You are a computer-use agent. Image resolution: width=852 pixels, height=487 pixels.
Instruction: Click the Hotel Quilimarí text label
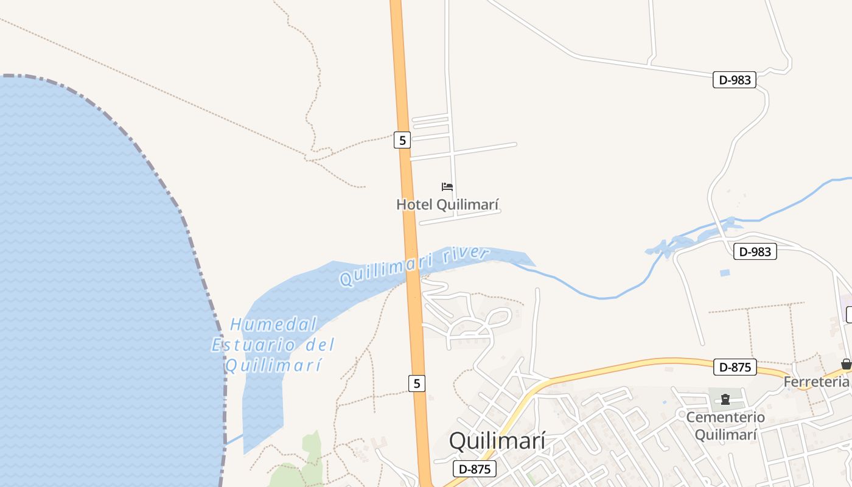(x=447, y=205)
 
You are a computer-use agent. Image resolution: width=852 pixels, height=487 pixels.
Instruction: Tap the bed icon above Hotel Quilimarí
(x=447, y=187)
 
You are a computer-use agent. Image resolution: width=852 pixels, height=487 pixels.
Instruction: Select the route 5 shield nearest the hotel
(x=402, y=140)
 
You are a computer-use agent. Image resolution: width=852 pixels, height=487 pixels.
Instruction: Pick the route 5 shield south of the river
(x=416, y=384)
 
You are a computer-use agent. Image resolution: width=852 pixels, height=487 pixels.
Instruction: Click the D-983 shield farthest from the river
(x=734, y=80)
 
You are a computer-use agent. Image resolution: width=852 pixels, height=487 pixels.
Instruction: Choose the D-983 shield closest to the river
(x=755, y=251)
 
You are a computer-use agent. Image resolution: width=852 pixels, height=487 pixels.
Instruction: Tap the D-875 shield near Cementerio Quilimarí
(x=735, y=367)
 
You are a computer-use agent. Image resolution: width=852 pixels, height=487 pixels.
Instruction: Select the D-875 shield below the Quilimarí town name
(x=475, y=469)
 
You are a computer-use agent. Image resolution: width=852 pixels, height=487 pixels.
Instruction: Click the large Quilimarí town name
(x=497, y=441)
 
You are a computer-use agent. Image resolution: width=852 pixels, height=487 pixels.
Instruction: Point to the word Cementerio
(x=725, y=418)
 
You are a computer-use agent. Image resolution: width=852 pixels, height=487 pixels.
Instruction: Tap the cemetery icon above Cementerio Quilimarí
(x=725, y=399)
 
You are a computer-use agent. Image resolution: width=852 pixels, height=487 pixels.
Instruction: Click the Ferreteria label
(x=816, y=382)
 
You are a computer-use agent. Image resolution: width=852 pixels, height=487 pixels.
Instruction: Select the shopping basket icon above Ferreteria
(x=846, y=364)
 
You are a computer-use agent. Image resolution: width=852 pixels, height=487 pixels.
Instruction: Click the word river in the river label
(x=466, y=254)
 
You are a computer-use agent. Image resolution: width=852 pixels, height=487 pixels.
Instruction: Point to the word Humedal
(x=274, y=324)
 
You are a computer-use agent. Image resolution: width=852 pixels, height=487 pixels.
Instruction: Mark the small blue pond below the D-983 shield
(x=724, y=273)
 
